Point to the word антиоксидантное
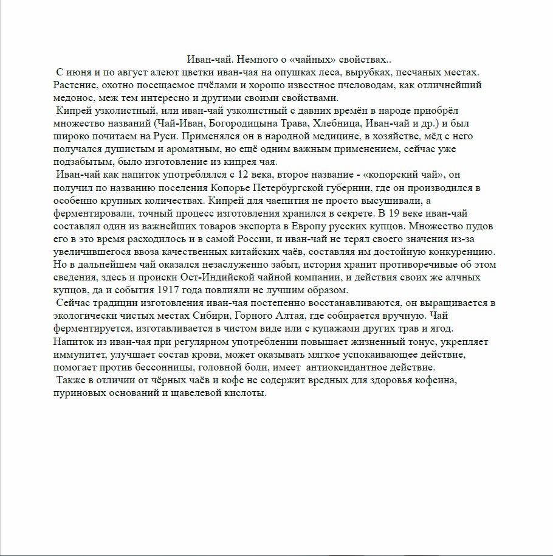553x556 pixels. point(345,367)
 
